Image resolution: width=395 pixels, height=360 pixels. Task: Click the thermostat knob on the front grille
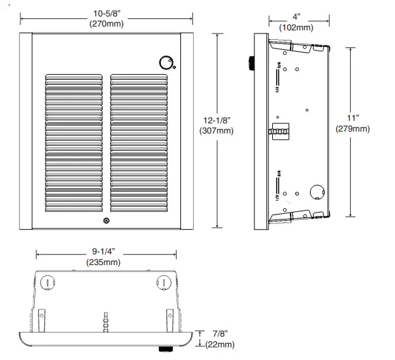tap(166, 63)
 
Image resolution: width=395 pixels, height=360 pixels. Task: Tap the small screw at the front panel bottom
tap(106, 221)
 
